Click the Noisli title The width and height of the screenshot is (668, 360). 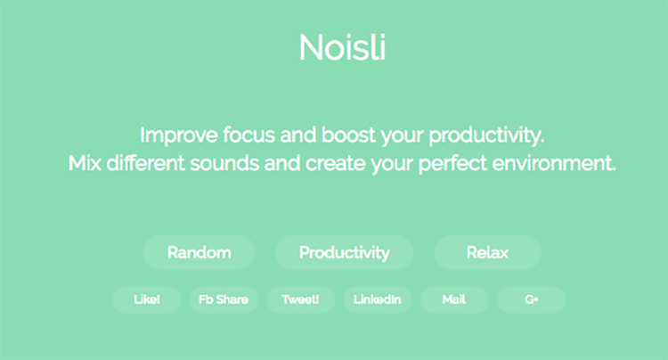[343, 47]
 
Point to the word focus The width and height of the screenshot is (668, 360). [248, 135]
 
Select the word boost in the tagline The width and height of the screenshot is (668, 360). [348, 135]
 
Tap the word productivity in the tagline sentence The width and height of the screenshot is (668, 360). [486, 135]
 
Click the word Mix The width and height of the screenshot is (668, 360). [85, 163]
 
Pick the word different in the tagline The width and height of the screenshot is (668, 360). [145, 162]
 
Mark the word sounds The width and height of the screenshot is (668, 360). [224, 163]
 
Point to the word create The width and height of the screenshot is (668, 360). [335, 163]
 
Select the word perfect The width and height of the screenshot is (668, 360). [452, 164]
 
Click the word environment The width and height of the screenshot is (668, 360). [554, 163]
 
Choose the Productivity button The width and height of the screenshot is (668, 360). [344, 253]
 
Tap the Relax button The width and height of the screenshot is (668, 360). [487, 253]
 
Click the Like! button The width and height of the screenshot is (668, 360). [147, 299]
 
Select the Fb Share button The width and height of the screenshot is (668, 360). [224, 299]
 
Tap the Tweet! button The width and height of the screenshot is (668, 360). [300, 299]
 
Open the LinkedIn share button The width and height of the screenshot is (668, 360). [378, 299]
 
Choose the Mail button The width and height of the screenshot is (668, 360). [454, 299]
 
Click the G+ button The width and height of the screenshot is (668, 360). [531, 299]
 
